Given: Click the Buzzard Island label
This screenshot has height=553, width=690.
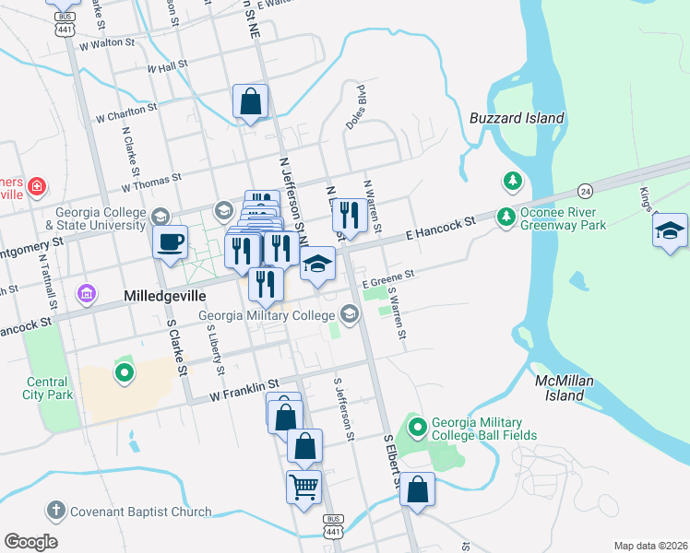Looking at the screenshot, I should click(x=517, y=119).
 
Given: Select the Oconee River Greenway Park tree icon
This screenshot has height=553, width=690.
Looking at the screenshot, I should click(x=506, y=218).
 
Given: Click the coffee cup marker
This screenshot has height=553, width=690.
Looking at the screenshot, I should click(x=170, y=242).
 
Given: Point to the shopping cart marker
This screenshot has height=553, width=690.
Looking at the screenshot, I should click(x=303, y=485).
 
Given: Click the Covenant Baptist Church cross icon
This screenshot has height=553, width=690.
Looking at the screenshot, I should click(x=55, y=511).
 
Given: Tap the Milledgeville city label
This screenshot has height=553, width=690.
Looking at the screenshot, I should click(x=162, y=296).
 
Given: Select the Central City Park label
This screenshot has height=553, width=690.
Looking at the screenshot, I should click(x=46, y=388).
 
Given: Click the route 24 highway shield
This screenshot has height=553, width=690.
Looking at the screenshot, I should click(x=585, y=191).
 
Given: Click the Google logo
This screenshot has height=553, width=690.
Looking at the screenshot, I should click(x=30, y=542).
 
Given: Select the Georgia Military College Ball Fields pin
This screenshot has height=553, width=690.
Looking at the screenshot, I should click(x=419, y=427).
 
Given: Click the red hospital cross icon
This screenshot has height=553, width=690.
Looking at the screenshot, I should click(x=36, y=187).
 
